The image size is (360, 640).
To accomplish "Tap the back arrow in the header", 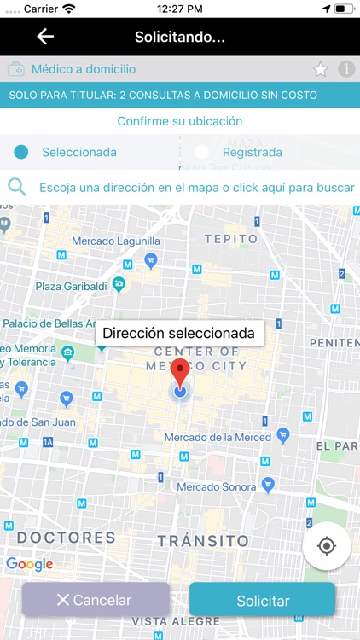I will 45,37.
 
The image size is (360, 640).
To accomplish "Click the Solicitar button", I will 263,601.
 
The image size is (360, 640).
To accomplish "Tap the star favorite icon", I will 320,69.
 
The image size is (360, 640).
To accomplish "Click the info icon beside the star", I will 346,69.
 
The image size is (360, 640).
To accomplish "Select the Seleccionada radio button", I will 21,153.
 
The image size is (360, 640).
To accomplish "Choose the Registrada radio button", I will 202,153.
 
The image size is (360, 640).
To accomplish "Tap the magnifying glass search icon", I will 17,187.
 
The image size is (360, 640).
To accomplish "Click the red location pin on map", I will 180,373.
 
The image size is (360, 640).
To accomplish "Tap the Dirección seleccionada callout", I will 178,334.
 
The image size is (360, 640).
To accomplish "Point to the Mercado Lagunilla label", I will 116,241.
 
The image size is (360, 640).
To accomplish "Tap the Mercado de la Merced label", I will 218,438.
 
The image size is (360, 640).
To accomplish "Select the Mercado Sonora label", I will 216,486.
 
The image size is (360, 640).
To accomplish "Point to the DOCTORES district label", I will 66,538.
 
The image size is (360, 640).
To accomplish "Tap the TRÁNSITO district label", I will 203,541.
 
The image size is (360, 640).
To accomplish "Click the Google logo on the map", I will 29,564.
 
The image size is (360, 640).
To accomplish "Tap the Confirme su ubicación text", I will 180,121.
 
